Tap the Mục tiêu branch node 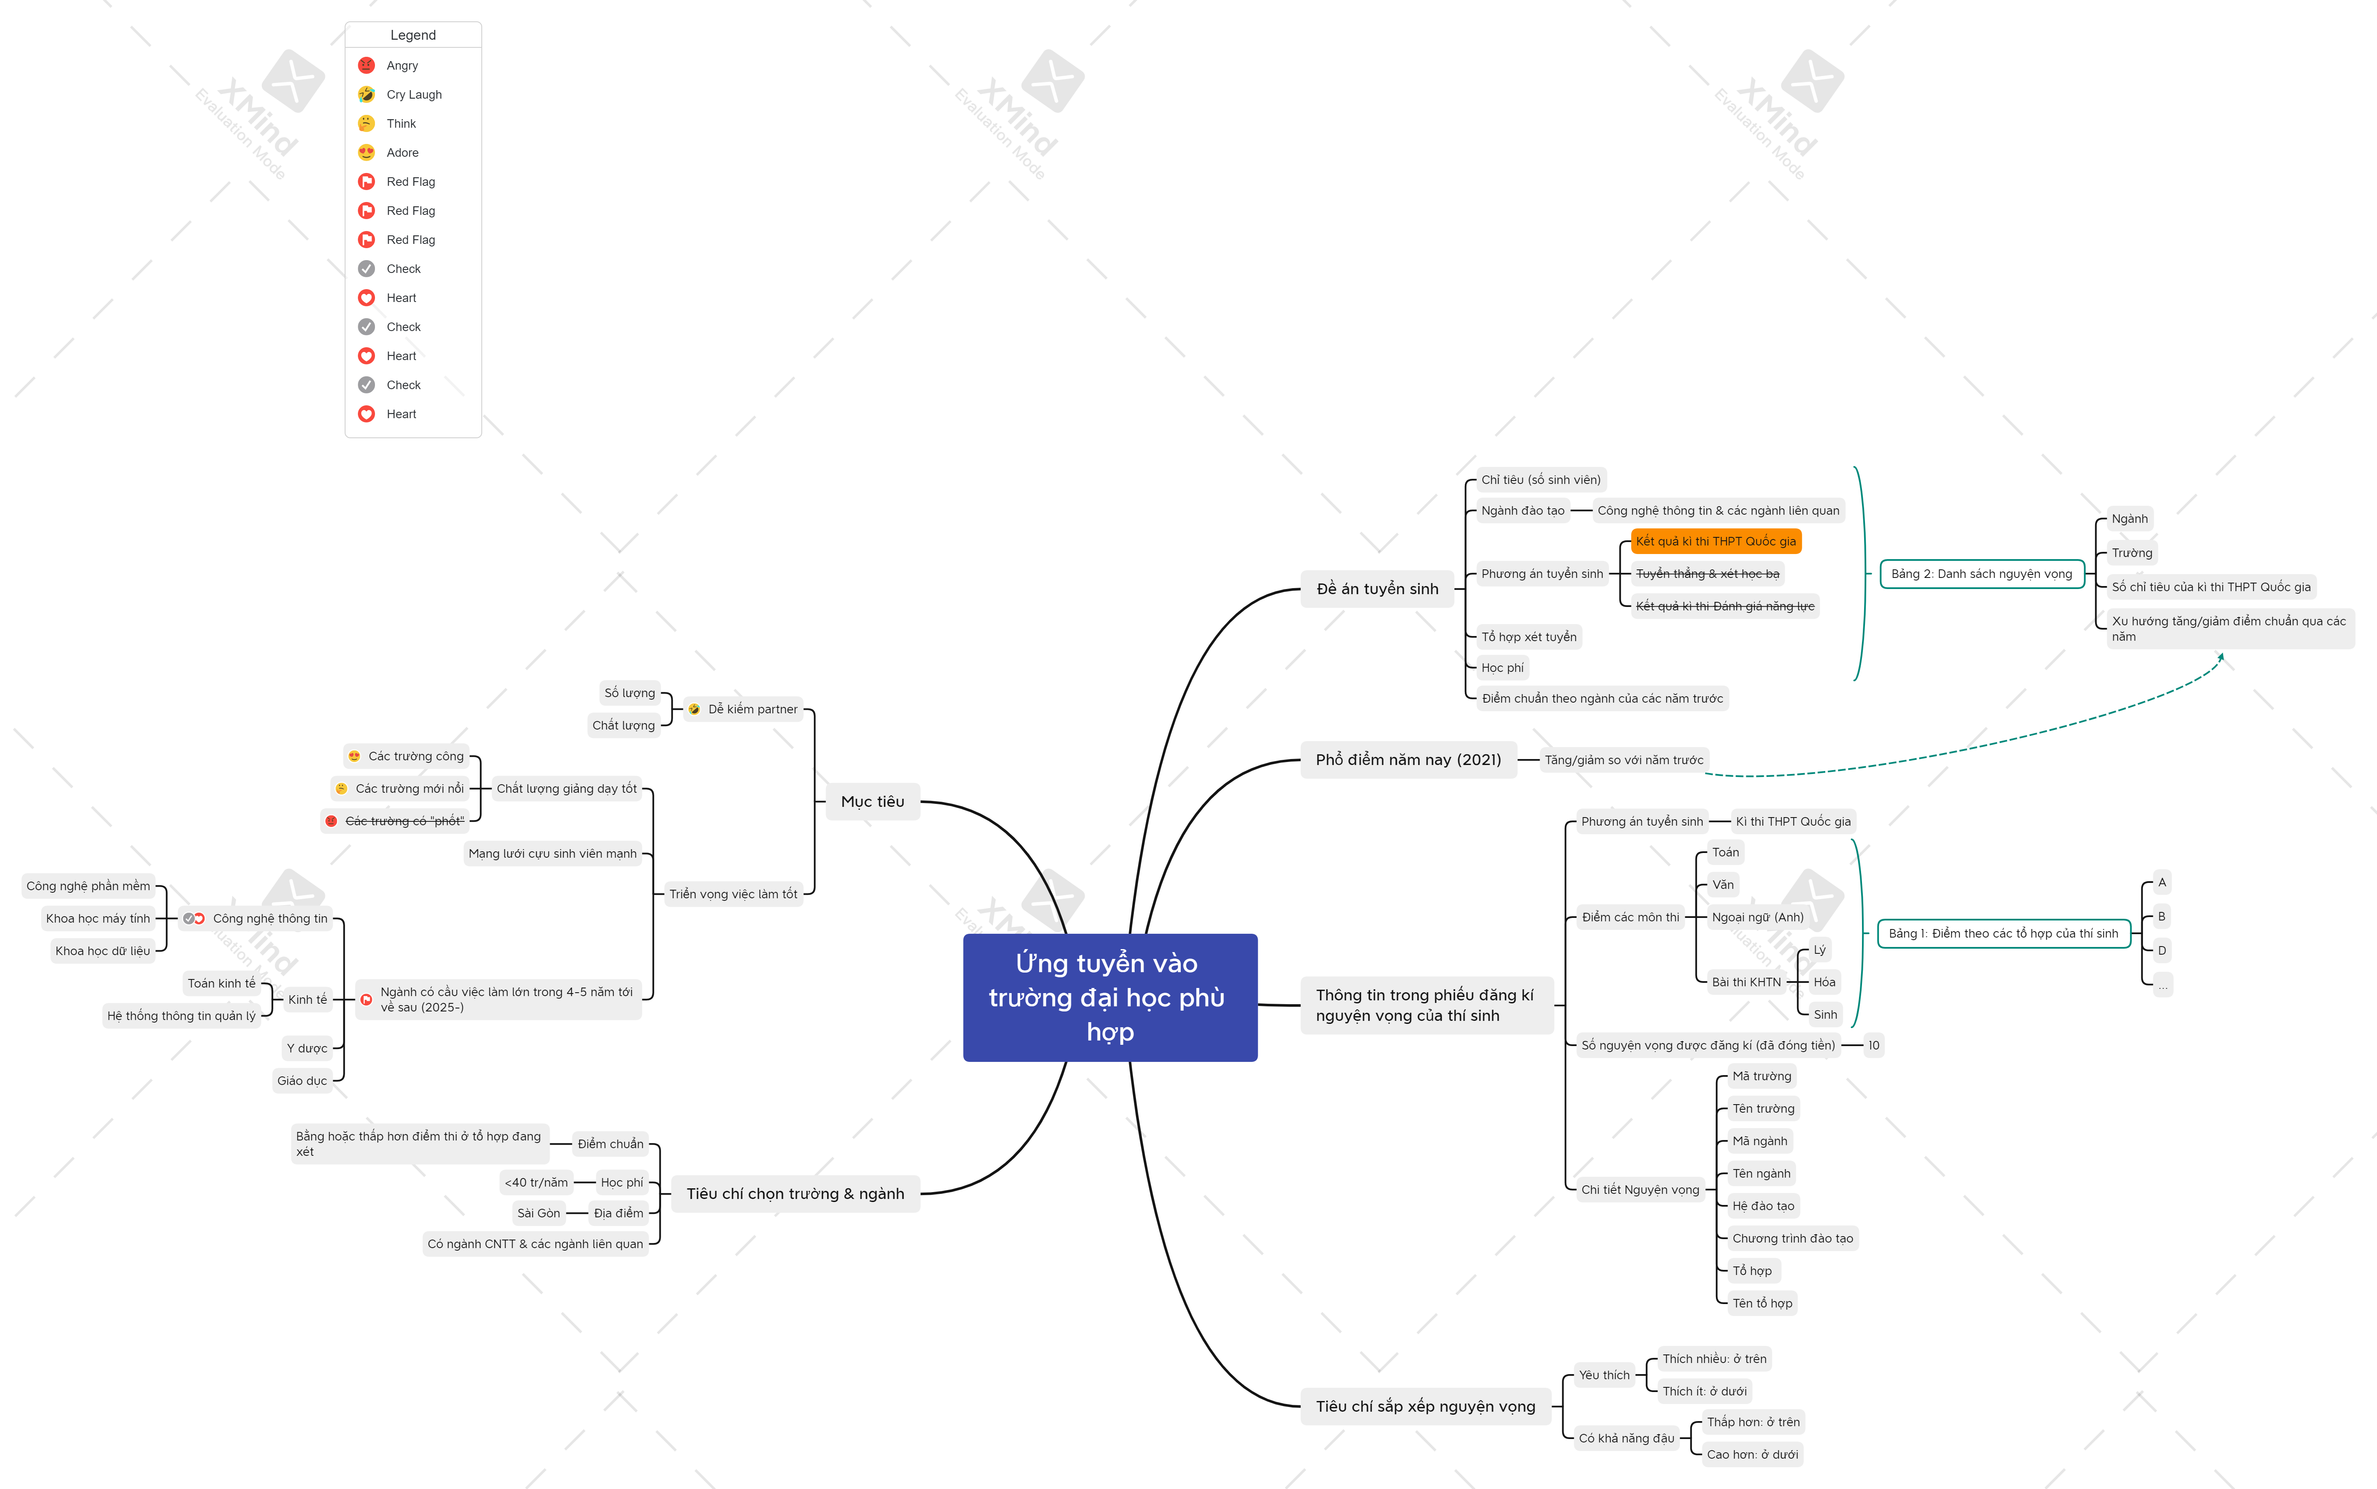(872, 802)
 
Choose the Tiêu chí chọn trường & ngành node (795, 1193)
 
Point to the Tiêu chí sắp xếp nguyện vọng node (1425, 1406)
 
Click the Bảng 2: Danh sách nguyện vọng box (1981, 574)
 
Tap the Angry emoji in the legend (366, 65)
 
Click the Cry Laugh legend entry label (413, 94)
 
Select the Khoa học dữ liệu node (102, 951)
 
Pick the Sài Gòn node (539, 1213)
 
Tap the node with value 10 (1873, 1046)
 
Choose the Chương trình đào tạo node (1792, 1239)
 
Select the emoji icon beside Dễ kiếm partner (694, 709)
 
